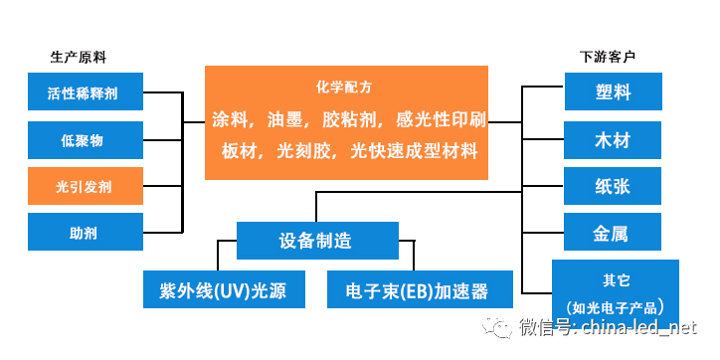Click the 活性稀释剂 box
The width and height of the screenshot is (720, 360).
[x=86, y=91]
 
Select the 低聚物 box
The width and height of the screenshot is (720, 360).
[x=86, y=140]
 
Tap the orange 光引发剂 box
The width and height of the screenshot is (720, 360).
[x=86, y=186]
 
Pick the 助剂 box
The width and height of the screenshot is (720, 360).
[x=86, y=232]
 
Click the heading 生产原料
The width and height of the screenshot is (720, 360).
[x=79, y=58]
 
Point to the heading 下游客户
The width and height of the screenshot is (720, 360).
[x=608, y=57]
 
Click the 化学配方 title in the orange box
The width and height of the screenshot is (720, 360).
[x=344, y=88]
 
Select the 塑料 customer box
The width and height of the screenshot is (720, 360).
[x=613, y=91]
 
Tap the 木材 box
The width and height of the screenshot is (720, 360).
[x=613, y=140]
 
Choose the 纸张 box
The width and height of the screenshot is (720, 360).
[x=613, y=186]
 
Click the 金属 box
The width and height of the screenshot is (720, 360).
[x=613, y=232]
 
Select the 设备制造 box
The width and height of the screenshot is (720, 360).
[x=317, y=241]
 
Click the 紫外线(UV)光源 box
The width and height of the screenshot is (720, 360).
[x=224, y=289]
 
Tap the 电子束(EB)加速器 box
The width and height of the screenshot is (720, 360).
[x=420, y=289]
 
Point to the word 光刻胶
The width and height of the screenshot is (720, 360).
[x=304, y=150]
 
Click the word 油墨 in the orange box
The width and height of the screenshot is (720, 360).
[x=285, y=120]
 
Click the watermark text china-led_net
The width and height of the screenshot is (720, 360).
[x=639, y=327]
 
